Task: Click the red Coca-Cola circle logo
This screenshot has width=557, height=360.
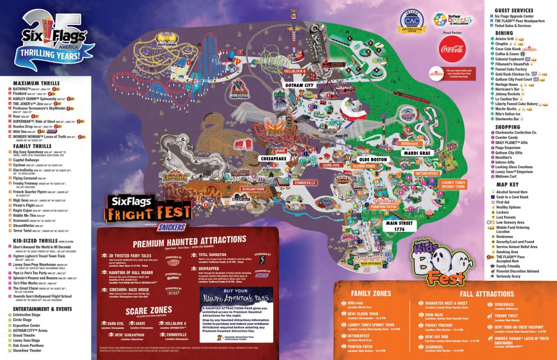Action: pyautogui.click(x=452, y=49)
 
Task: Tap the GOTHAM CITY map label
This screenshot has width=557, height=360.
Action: pyautogui.click(x=299, y=85)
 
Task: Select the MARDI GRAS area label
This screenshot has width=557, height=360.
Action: pyautogui.click(x=417, y=153)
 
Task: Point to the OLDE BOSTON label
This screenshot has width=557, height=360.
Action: pyautogui.click(x=373, y=159)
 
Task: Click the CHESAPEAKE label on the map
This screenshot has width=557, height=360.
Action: pyautogui.click(x=274, y=159)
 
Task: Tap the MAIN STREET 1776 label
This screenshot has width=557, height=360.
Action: pyautogui.click(x=399, y=226)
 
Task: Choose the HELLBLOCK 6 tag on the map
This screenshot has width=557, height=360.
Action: pyautogui.click(x=295, y=71)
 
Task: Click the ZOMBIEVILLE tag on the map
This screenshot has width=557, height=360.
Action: pyautogui.click(x=305, y=183)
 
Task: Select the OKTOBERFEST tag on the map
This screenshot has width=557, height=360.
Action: pyautogui.click(x=427, y=173)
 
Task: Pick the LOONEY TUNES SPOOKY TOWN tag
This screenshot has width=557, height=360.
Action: pyautogui.click(x=453, y=185)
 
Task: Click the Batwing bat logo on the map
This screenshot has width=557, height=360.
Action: pyautogui.click(x=167, y=39)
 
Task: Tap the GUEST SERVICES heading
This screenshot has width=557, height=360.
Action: pyautogui.click(x=514, y=10)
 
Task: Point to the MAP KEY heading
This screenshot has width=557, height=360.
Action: pyautogui.click(x=507, y=185)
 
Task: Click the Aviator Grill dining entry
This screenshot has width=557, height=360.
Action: pyautogui.click(x=504, y=39)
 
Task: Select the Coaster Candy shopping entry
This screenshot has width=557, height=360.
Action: pyautogui.click(x=506, y=137)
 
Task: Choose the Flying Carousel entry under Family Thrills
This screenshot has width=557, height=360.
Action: pyautogui.click(x=25, y=178)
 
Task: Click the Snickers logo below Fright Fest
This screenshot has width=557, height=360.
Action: pyautogui.click(x=172, y=227)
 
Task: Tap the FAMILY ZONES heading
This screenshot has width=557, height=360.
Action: pyautogui.click(x=371, y=294)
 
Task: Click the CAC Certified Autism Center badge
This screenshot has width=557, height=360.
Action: pyautogui.click(x=412, y=21)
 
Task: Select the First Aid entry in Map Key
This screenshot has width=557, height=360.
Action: pyautogui.click(x=503, y=202)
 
